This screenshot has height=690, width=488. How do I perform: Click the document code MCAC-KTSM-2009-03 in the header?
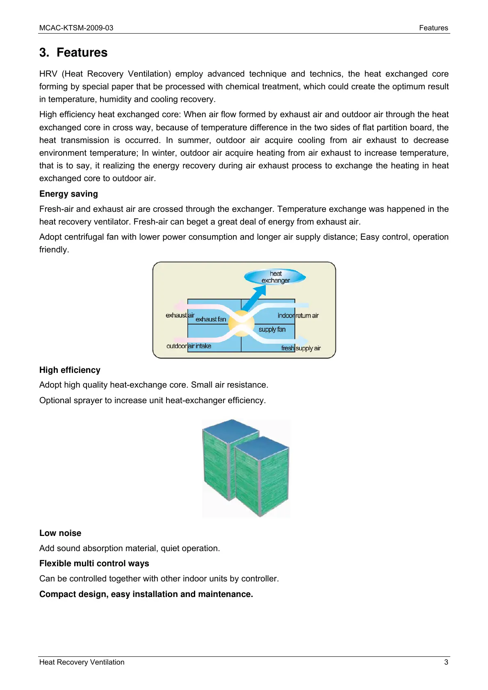click(76, 28)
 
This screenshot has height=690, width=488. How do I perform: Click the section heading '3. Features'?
click(73, 52)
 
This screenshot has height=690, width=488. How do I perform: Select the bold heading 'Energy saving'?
click(68, 194)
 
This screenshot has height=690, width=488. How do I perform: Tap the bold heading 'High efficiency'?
click(70, 370)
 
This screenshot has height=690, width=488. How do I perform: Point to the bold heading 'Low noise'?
click(60, 533)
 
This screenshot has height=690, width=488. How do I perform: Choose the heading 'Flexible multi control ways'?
click(94, 563)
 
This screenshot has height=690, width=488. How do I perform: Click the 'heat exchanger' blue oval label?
click(275, 277)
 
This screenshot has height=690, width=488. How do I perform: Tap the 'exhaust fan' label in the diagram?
click(211, 319)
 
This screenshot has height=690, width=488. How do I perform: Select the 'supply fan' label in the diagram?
click(272, 329)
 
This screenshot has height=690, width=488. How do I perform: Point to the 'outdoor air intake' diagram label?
click(189, 346)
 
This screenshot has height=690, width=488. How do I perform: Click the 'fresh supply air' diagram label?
click(301, 348)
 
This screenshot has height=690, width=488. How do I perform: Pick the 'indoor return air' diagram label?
click(298, 315)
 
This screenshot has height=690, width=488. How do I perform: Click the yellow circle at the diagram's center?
click(241, 322)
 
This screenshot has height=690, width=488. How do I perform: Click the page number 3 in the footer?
click(446, 662)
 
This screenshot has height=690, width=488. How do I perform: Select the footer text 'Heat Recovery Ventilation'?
click(82, 662)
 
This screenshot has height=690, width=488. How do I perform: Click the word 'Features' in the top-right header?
click(433, 28)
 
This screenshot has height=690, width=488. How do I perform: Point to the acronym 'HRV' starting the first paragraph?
click(48, 74)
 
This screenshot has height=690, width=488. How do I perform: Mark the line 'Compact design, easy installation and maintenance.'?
click(146, 594)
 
